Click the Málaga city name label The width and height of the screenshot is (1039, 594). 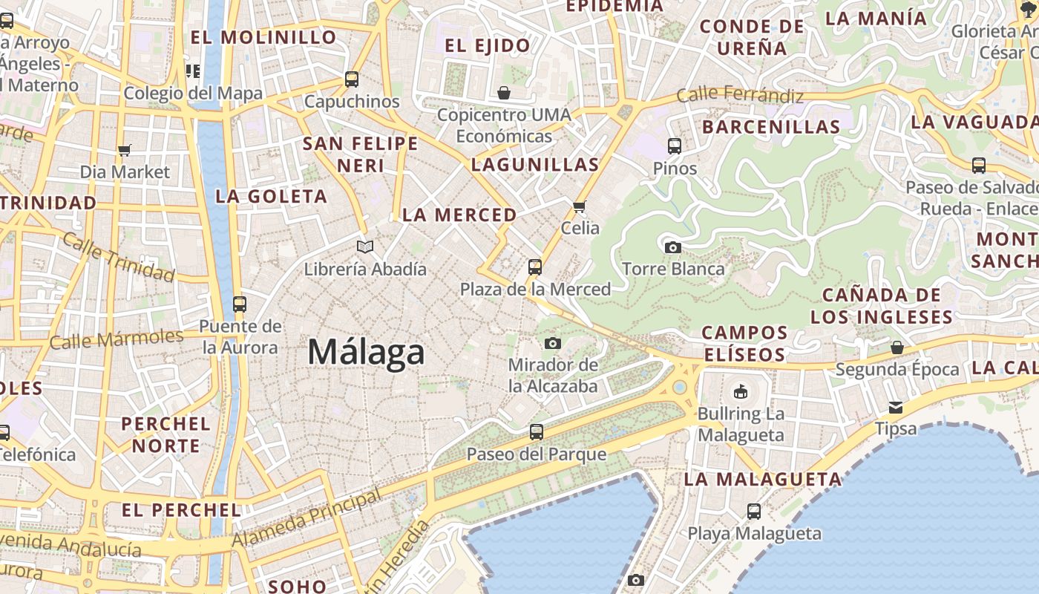point(366,352)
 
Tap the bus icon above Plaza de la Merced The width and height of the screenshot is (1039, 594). point(534,267)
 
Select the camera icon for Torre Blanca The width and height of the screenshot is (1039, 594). point(673,247)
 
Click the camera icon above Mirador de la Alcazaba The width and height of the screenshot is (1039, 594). point(552,343)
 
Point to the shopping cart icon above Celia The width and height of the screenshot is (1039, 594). point(580,206)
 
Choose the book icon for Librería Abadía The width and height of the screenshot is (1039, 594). point(364,247)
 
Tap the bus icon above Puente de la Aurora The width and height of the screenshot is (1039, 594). point(239,304)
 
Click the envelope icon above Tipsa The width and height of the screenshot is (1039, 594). point(896,407)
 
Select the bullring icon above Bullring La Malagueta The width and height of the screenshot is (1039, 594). point(740,391)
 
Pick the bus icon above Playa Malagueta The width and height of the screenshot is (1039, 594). point(754,511)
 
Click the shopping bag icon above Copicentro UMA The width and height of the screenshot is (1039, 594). point(504,93)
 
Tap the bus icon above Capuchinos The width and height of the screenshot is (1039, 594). point(352,79)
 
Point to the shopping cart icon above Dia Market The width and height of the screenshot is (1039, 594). point(125,150)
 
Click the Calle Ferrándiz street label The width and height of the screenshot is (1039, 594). point(740,95)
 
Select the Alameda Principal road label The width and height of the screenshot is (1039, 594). point(307,518)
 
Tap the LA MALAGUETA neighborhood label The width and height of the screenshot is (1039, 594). point(763,480)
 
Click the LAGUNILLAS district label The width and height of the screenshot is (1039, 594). point(534,165)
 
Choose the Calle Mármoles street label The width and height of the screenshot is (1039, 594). point(117,339)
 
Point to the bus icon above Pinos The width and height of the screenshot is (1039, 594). point(675,146)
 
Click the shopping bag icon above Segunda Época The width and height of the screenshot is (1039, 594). point(897,347)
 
